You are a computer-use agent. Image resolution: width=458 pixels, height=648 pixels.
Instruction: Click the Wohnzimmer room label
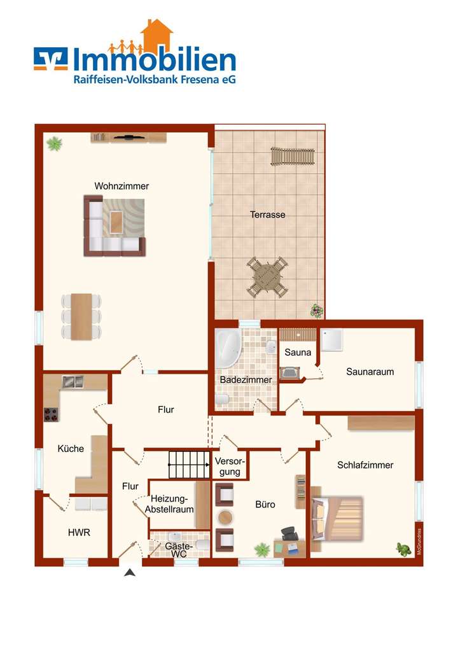121,186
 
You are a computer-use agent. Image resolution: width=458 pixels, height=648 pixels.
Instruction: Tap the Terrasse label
267,215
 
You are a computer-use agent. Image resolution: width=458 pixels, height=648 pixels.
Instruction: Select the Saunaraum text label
370,372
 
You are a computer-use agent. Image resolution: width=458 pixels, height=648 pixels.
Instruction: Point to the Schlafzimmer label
365,465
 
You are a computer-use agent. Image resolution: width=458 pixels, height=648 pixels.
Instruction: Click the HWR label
78,533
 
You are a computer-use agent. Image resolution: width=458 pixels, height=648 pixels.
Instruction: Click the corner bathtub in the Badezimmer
226,349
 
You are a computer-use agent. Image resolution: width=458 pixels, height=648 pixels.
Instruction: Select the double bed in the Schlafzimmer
337,518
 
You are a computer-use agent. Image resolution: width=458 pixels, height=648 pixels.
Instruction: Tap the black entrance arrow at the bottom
130,573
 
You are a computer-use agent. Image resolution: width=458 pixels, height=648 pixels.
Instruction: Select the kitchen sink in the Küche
73,382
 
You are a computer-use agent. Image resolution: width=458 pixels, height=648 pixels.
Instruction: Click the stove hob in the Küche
51,414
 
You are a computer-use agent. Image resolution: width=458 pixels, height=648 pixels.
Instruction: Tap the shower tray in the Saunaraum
333,340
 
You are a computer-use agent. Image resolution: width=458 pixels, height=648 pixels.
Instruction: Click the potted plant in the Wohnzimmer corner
55,144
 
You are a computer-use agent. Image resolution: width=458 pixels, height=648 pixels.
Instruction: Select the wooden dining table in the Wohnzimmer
81,316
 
